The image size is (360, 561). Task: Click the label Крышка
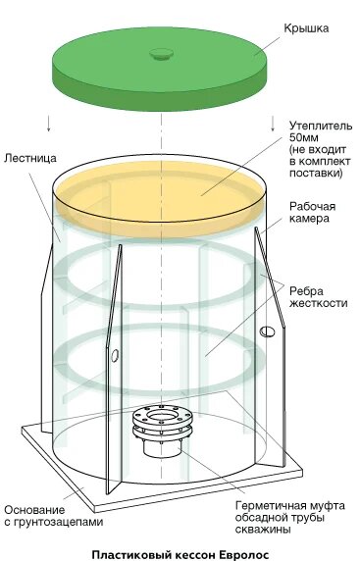click(x=306, y=28)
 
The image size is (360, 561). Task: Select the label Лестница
click(x=28, y=157)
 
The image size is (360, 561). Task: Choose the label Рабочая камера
click(x=314, y=213)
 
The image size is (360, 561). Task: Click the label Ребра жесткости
click(x=317, y=295)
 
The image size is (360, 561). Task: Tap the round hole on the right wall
click(x=264, y=333)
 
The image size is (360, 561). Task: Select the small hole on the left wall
click(x=114, y=353)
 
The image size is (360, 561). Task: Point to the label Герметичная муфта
click(x=289, y=505)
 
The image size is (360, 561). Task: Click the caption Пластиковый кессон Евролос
click(x=179, y=552)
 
